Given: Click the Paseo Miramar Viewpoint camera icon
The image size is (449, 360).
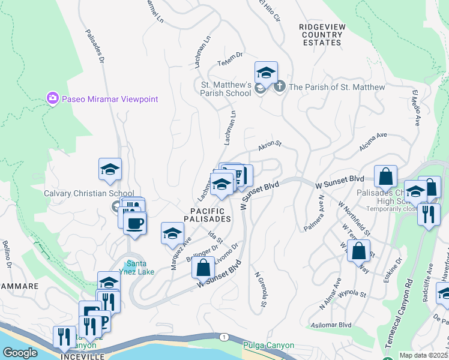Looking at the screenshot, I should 52,98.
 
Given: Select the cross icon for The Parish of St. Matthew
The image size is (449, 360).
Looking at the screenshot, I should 279,88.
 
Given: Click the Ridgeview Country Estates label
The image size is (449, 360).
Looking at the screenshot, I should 322,35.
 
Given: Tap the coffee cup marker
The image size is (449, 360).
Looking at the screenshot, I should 134,224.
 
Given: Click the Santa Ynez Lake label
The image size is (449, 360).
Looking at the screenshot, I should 139,268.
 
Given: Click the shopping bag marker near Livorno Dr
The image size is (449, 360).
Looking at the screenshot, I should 203,267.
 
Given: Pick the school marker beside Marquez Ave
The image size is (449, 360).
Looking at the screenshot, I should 172,233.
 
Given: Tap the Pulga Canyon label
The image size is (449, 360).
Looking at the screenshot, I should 268,346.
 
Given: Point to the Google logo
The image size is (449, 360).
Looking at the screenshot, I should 19,352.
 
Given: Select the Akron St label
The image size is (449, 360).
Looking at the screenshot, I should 270,146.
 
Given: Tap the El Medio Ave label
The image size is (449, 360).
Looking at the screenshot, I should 415,108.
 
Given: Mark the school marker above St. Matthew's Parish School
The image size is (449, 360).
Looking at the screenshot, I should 266,73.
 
